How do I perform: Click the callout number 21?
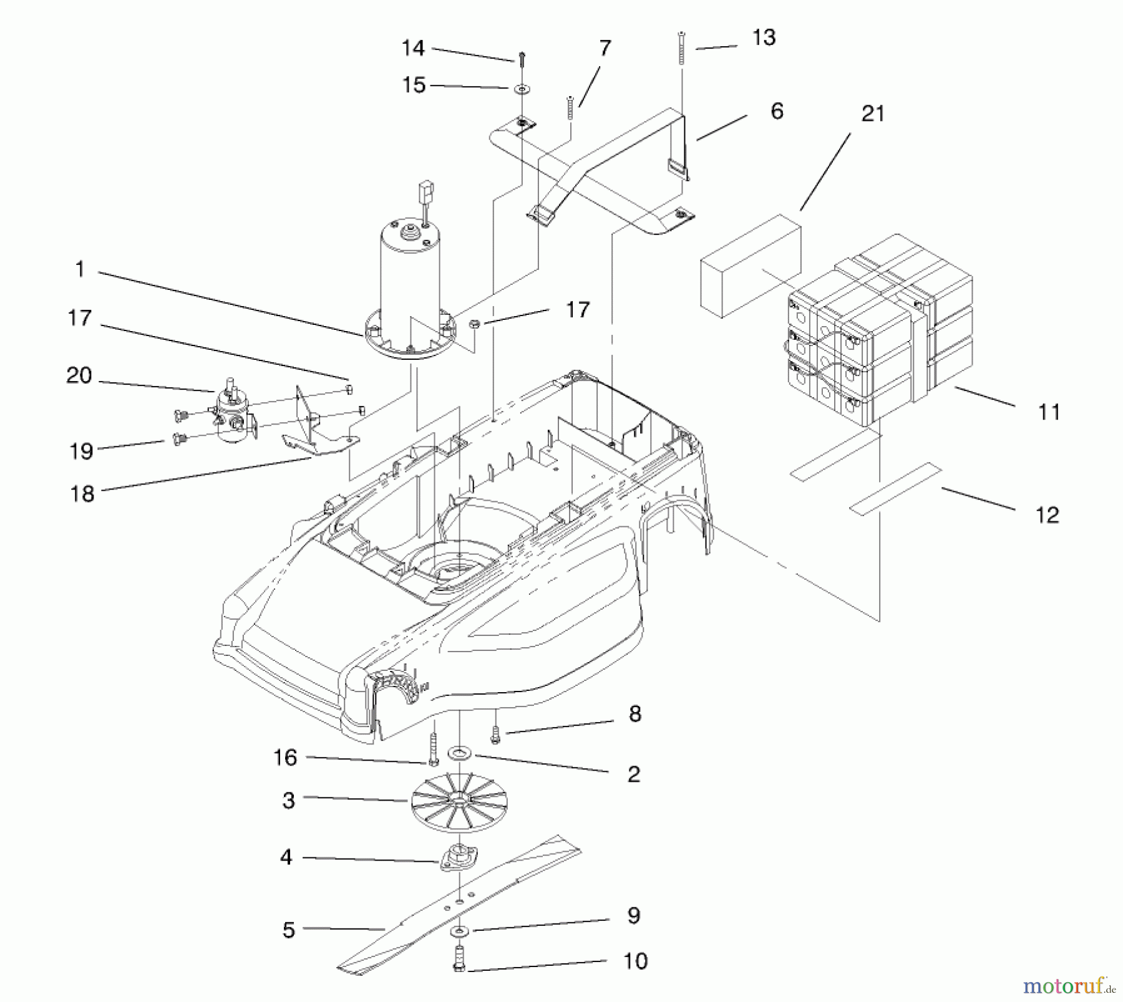point(872,113)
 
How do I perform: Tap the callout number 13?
point(763,37)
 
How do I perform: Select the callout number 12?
point(1047,515)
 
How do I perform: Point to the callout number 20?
point(79,375)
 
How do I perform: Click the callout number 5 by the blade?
point(288,930)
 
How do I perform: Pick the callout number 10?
point(635,961)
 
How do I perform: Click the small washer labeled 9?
point(460,931)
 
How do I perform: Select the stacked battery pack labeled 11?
point(880,330)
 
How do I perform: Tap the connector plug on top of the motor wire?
point(427,190)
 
